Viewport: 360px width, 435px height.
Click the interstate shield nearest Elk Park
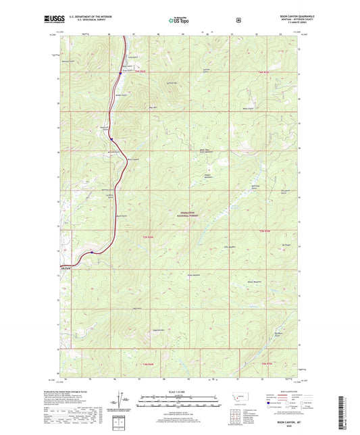[x=92, y=253]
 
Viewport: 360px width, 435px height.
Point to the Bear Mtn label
[x=153, y=107]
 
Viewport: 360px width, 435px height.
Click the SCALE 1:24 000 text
[x=180, y=391]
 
